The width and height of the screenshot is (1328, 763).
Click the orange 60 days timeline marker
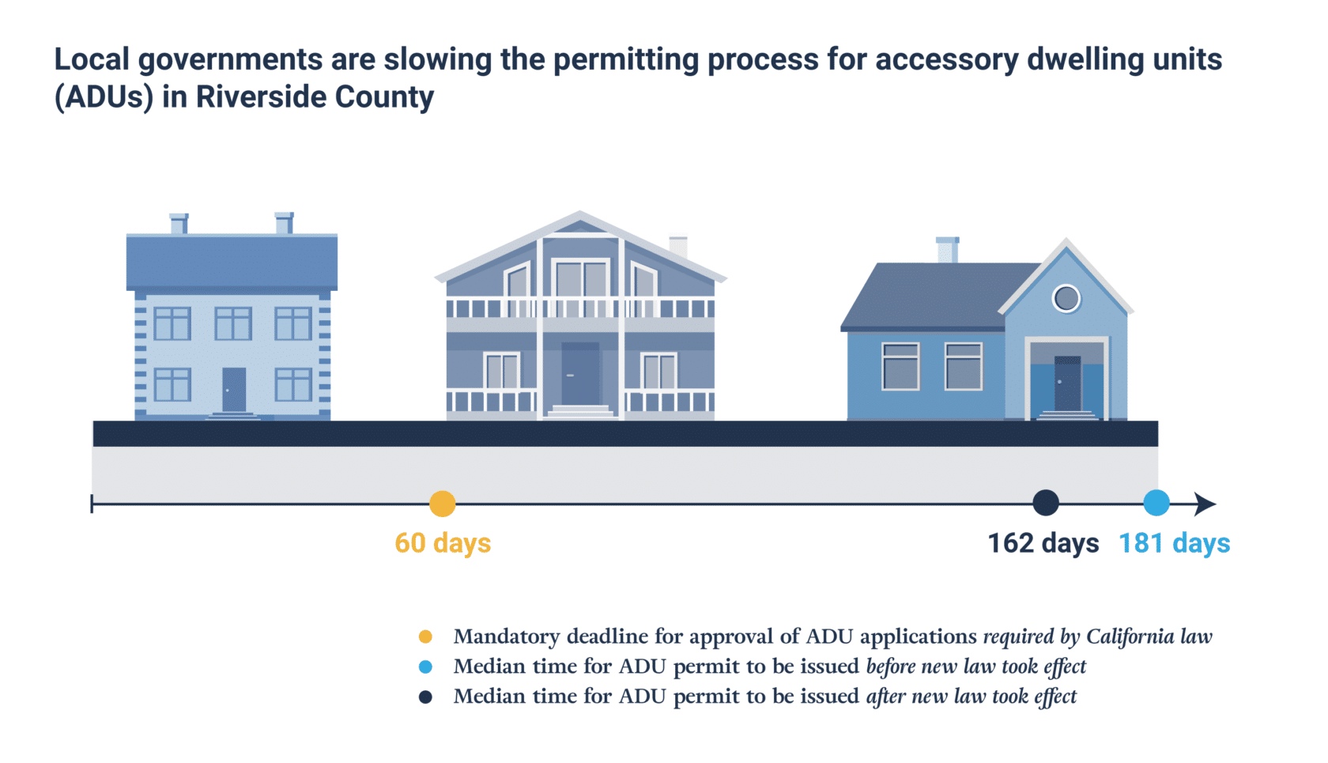(442, 504)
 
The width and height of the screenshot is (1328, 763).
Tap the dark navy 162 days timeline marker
(1045, 503)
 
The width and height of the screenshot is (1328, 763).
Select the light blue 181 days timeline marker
(1156, 503)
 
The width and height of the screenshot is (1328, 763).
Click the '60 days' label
(443, 543)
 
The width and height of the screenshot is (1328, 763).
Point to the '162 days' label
(1043, 543)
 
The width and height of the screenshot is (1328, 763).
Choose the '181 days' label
(1174, 543)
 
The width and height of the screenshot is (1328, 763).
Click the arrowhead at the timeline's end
(1205, 504)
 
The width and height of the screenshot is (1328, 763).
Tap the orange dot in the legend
(425, 636)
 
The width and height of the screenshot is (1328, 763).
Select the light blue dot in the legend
(425, 667)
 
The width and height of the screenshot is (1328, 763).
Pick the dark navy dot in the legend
(425, 697)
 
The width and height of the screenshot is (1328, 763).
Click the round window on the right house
(1066, 298)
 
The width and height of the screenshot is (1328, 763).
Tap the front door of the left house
(233, 389)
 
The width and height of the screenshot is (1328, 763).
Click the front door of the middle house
(579, 374)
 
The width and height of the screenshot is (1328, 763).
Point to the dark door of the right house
(1066, 383)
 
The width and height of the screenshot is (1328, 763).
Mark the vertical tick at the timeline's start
(92, 504)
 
